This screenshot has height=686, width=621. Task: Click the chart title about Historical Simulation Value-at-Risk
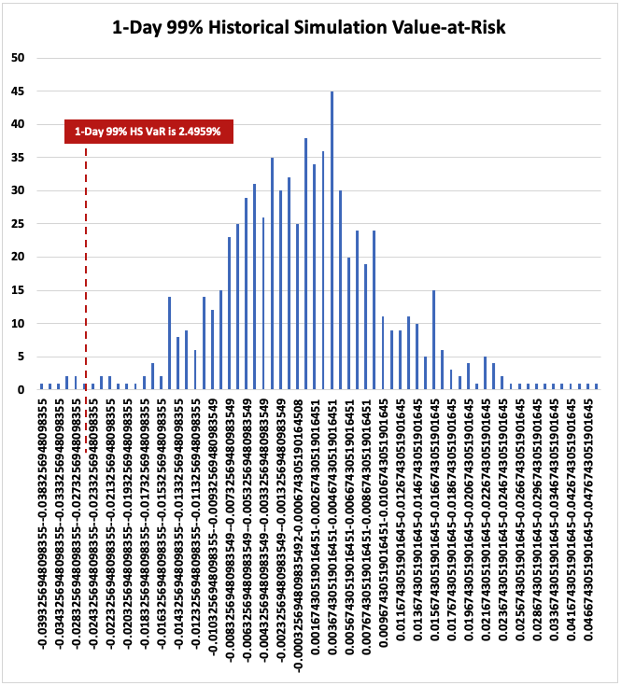tap(309, 28)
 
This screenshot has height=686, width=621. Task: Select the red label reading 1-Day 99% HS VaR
tap(148, 132)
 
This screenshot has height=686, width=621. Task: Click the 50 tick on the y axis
tap(18, 58)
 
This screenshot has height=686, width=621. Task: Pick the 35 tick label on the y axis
tap(18, 158)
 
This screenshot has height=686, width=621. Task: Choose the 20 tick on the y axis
tap(18, 258)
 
